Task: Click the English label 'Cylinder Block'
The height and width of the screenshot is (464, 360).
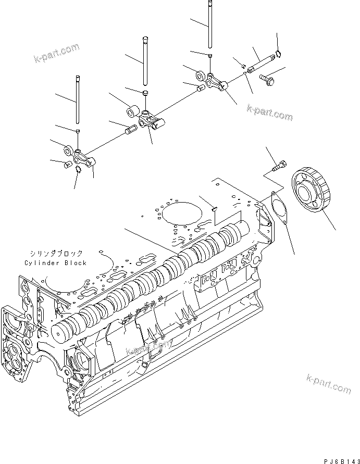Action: pos(55,263)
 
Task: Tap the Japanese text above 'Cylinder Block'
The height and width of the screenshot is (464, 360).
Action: pos(56,254)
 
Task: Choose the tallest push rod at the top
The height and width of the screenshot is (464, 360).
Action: pos(210,26)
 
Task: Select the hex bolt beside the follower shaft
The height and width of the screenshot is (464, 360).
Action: pos(268,79)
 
